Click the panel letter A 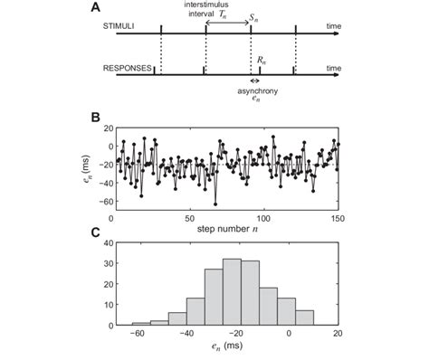pos(93,8)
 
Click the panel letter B pos(93,116)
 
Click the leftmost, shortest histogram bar pos(140,322)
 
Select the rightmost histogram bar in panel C pos(304,317)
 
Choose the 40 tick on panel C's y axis pos(101,242)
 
